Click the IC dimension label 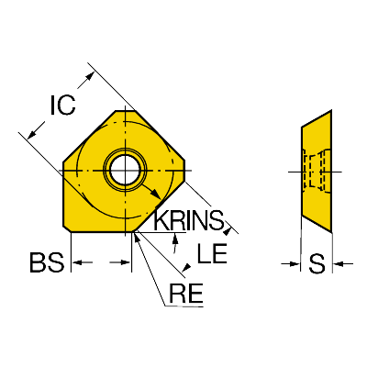[62, 106]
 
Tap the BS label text [47, 262]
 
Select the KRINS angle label [189, 220]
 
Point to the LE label [212, 253]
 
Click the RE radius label [185, 293]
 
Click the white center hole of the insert [126, 170]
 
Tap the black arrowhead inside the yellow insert [156, 194]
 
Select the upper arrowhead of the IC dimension [89, 76]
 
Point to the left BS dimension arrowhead [76, 262]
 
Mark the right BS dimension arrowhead [126, 262]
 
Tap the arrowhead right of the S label [338, 263]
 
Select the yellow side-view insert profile [317, 171]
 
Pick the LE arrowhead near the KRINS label [228, 231]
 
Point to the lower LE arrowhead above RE [186, 267]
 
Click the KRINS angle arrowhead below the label [175, 238]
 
